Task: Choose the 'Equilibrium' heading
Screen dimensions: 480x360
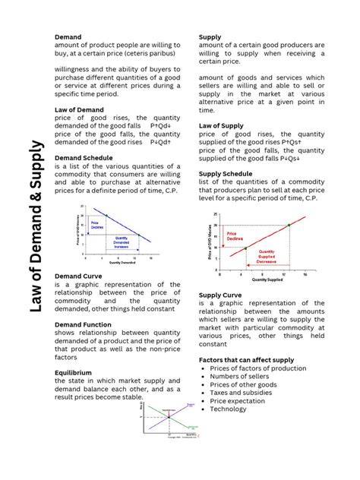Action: click(x=73, y=373)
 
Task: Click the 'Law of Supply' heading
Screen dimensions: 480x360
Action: click(x=221, y=125)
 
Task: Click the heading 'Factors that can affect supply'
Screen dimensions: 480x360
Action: click(x=251, y=359)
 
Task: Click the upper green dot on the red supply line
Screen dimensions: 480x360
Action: click(x=289, y=225)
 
